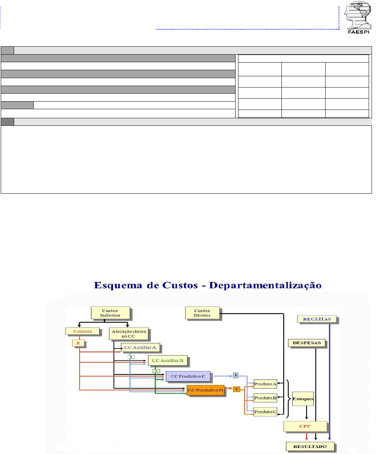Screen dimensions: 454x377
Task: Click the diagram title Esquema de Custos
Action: [x=208, y=286]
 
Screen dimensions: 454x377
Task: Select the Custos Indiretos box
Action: [x=110, y=313]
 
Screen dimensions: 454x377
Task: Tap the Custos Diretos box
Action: [x=202, y=313]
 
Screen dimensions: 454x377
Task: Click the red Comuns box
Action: [x=82, y=331]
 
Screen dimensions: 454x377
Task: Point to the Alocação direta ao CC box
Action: [x=129, y=334]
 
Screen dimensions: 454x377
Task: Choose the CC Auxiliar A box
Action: [x=140, y=348]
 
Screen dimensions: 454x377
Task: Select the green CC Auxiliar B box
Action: [x=168, y=360]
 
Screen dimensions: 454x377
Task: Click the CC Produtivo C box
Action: [x=188, y=376]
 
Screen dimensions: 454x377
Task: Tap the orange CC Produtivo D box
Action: [x=205, y=390]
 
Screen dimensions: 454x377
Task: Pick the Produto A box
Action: [x=265, y=384]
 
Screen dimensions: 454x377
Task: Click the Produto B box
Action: [x=265, y=398]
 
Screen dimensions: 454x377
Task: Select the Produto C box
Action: [x=265, y=412]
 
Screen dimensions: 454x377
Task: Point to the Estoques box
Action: [x=303, y=399]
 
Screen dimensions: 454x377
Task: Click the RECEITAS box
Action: [x=317, y=319]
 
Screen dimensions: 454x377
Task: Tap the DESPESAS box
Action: [x=307, y=343]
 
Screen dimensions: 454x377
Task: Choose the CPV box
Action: [x=305, y=427]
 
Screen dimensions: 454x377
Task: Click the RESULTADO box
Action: [x=310, y=447]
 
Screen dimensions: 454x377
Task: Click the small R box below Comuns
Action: [x=78, y=343]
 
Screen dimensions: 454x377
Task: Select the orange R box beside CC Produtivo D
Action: [x=237, y=389]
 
